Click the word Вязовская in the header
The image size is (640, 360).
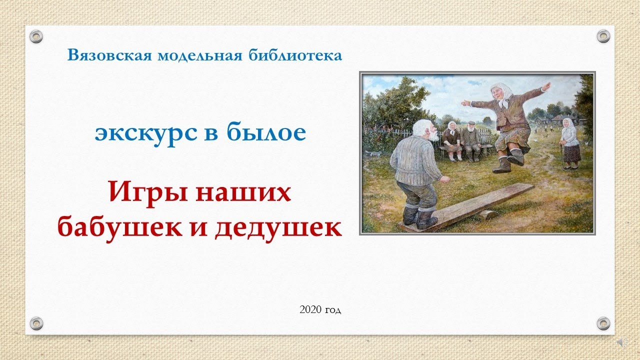[109, 55]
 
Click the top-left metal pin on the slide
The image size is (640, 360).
[36, 36]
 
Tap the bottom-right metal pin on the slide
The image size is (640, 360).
[603, 323]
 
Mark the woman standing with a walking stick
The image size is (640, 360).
[569, 143]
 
